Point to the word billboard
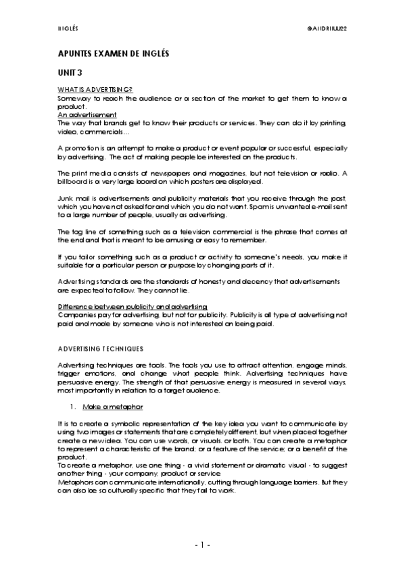click(74, 182)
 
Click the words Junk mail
click(71, 199)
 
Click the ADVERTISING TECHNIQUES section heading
click(100, 349)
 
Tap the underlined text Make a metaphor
click(112, 407)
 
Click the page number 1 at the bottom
click(202, 544)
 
